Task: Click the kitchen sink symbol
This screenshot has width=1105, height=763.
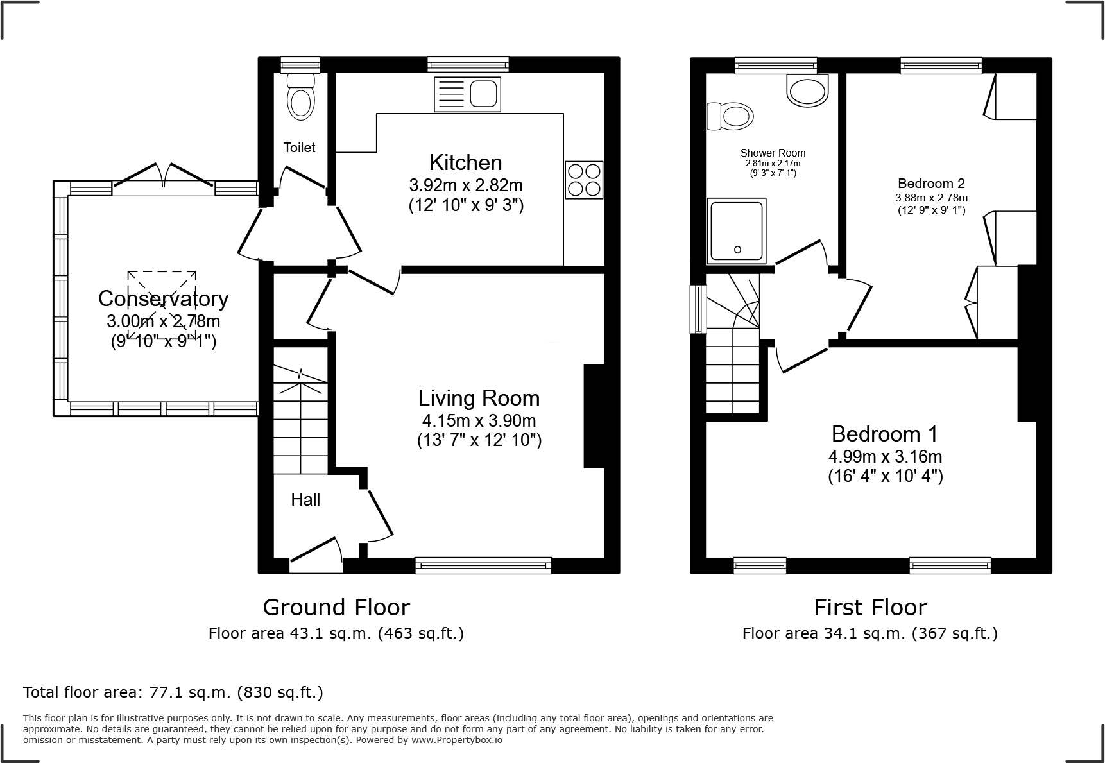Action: (467, 94)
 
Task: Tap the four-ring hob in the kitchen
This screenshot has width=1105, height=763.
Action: (584, 180)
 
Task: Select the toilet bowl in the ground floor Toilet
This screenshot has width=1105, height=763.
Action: (300, 103)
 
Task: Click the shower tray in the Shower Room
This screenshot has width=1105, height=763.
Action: (737, 231)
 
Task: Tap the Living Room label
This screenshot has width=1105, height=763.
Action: (479, 398)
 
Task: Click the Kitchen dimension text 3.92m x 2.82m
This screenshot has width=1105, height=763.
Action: (466, 185)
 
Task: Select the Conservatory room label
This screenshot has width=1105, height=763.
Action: (163, 298)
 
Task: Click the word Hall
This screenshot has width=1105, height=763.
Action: (305, 500)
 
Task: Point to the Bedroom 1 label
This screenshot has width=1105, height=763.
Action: (884, 434)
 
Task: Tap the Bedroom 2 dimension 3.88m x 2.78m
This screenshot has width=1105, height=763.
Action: (931, 198)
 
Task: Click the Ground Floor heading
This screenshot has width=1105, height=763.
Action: (336, 607)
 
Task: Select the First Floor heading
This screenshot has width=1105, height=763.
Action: (870, 607)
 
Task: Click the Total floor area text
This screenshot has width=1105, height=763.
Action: (173, 692)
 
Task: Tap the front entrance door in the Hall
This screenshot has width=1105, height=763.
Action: (316, 556)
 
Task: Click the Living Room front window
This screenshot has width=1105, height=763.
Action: (483, 565)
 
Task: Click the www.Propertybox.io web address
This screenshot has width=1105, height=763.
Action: (457, 740)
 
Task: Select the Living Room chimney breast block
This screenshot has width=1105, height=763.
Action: (594, 416)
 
